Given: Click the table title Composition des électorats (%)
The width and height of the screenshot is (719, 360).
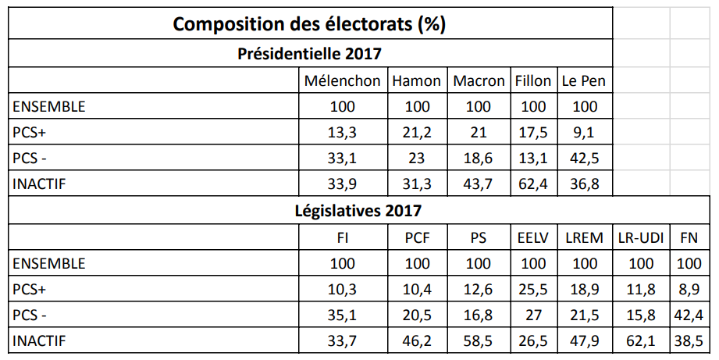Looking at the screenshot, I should click(309, 23).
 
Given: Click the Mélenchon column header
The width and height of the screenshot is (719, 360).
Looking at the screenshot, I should click(343, 80).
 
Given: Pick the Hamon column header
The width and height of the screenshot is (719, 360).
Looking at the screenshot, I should click(417, 80).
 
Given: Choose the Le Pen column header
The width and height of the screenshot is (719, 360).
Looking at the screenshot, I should click(583, 80).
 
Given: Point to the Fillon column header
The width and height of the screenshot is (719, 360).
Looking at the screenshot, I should click(533, 80).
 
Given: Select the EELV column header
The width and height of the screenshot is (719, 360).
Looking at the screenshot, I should click(533, 237).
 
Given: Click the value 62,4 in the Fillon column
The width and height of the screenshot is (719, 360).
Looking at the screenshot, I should click(533, 184).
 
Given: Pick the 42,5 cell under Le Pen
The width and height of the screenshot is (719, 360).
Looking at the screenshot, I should click(584, 158).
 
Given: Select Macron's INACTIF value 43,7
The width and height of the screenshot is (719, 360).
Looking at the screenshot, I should click(479, 184).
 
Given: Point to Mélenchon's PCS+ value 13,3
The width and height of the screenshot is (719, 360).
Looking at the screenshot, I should click(343, 132).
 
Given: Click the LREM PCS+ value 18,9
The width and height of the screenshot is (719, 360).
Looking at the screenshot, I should click(584, 289).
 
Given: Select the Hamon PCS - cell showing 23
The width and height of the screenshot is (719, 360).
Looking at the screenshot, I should click(417, 158).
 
